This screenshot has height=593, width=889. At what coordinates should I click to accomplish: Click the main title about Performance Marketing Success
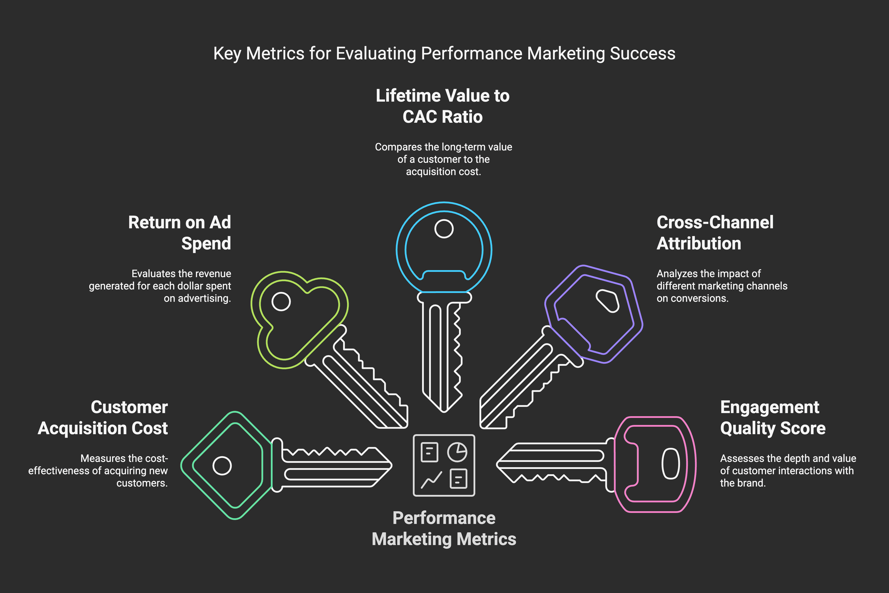point(444,54)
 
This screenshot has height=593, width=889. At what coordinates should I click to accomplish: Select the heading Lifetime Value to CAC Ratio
point(443,106)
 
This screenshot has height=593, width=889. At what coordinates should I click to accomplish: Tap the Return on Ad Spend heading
point(180,232)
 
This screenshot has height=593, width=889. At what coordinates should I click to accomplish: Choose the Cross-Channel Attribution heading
point(714,232)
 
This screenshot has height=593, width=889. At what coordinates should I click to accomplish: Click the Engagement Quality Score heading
point(772,417)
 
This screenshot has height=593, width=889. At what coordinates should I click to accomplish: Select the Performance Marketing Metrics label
point(444,528)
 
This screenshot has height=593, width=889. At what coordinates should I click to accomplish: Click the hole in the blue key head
point(444,229)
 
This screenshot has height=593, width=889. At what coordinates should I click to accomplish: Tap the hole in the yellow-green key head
point(281,301)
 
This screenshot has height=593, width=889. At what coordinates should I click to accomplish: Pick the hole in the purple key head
point(607,301)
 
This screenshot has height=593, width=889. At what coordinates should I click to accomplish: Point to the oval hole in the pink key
point(671,464)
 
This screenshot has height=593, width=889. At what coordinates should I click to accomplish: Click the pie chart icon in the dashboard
point(457,452)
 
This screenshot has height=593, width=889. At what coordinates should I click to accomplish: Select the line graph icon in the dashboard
point(431,480)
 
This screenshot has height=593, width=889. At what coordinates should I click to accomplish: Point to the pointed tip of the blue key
point(444,411)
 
